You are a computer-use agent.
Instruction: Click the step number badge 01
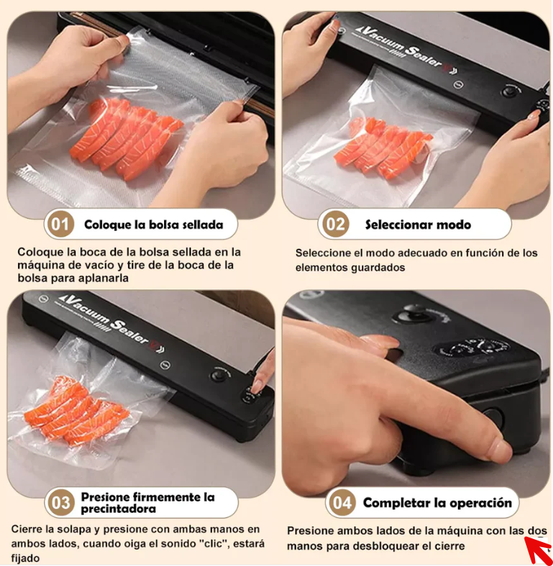click(60, 224)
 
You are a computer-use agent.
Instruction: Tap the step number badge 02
click(335, 224)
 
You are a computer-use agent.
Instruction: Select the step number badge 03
click(60, 502)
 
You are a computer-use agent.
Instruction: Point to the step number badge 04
click(341, 502)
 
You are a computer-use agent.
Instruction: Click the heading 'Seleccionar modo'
click(418, 224)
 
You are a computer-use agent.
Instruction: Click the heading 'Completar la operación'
click(437, 502)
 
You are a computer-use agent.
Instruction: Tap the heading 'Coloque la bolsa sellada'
click(154, 224)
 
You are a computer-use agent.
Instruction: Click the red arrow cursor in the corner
click(540, 550)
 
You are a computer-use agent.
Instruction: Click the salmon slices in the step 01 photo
click(126, 139)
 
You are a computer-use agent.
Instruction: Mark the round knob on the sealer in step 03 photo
click(219, 375)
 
